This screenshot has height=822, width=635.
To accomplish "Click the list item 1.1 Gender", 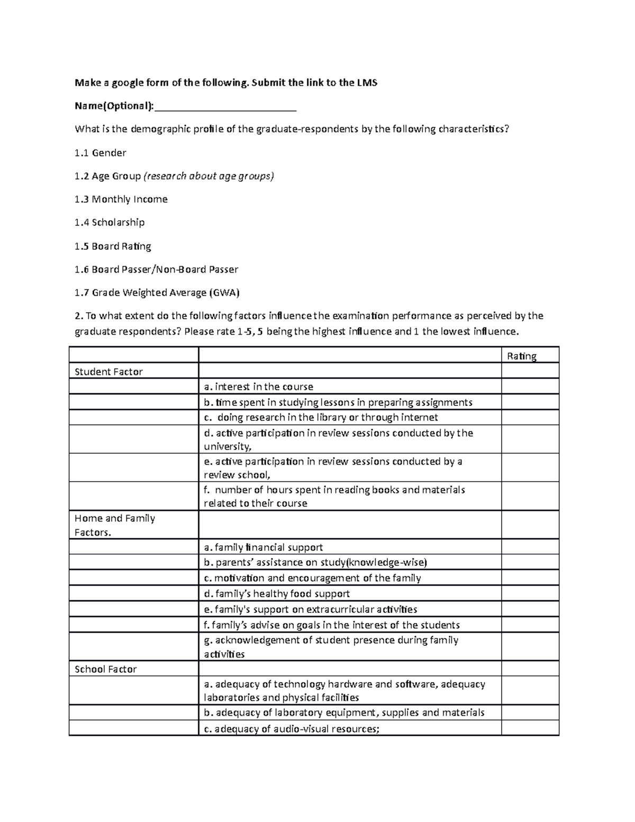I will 100,153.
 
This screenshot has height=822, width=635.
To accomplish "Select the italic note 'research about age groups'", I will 208,176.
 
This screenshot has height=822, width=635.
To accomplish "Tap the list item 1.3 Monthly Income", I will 121,200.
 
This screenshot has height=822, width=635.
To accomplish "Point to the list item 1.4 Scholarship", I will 110,223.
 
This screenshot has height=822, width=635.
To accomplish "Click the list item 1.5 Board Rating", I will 113,246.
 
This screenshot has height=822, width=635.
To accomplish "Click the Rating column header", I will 522,356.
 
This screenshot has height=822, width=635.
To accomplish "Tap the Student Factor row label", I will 108,372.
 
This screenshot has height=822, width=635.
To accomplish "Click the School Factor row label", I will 105,669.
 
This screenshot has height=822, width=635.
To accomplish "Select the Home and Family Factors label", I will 115,525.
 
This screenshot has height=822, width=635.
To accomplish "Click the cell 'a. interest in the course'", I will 259,387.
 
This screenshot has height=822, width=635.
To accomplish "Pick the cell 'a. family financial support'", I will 263,547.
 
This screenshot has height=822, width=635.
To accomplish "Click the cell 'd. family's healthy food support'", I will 277,594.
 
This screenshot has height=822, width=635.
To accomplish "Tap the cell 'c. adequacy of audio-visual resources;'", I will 292,729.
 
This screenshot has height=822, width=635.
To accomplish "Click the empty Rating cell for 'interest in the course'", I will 530,387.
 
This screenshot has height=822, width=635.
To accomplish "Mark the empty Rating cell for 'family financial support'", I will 530,547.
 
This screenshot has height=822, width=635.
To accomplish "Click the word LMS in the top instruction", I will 367,83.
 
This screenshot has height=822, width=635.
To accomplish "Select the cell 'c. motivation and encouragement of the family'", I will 312,578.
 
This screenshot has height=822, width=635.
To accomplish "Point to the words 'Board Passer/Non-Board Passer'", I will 165,269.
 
